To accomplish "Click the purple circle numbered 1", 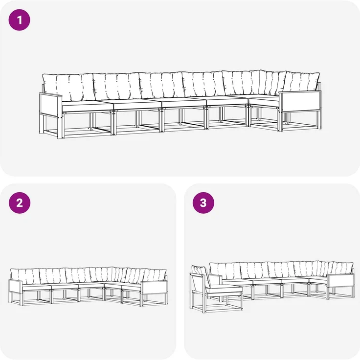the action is point(19,20).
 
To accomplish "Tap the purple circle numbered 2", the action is point(20,202).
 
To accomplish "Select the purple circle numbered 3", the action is point(203,202).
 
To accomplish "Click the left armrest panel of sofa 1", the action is point(50,105).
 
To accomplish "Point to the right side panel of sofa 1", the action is point(300,102).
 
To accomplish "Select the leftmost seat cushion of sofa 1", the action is point(87,106).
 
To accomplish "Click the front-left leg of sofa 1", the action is point(60,127).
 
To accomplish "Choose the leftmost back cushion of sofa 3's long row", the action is point(225,271).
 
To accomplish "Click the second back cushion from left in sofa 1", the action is point(117,86).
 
